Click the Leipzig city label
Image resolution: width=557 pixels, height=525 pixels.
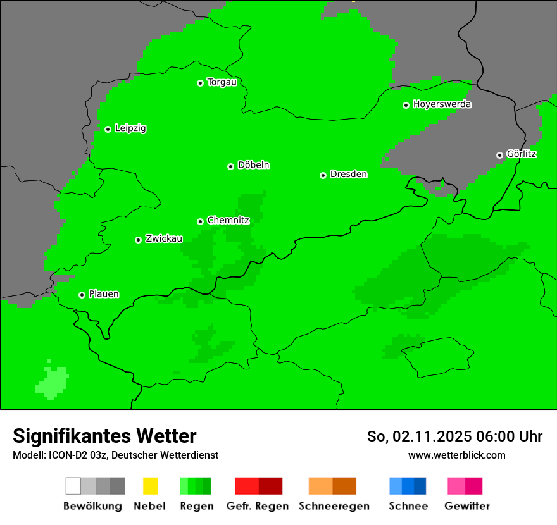[x=130, y=128]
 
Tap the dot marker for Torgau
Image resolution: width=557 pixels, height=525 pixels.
[x=200, y=83]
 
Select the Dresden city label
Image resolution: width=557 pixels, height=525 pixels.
[x=348, y=175]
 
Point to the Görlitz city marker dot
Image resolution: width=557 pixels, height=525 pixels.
[x=499, y=155]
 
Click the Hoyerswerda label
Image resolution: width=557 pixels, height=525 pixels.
[x=442, y=104]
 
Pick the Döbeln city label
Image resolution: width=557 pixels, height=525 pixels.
[x=253, y=165]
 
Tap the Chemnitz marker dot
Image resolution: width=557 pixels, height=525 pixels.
[x=200, y=221]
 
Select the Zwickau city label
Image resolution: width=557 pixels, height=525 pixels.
[x=164, y=238]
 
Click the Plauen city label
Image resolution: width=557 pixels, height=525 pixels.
[x=104, y=294]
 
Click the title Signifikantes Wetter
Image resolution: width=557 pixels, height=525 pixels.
[x=104, y=436]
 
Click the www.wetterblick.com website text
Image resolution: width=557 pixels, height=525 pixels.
[x=456, y=455]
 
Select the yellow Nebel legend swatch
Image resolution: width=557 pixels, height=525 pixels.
[x=150, y=486]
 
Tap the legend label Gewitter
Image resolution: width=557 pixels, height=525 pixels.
[x=467, y=506]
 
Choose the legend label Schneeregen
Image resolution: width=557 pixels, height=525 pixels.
[x=334, y=506]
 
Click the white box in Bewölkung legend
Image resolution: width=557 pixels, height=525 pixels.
[x=73, y=486]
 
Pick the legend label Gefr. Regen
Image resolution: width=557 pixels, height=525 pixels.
[x=258, y=506]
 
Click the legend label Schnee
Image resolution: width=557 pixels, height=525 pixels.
[x=408, y=506]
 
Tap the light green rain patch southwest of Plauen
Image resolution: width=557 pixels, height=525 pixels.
[x=53, y=382]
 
